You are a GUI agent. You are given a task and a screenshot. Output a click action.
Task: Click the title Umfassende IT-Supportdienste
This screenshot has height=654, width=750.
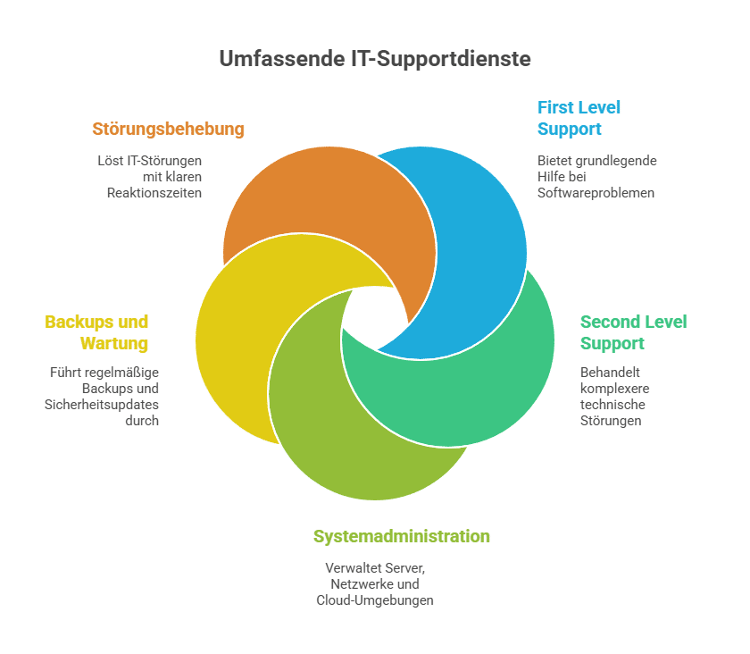[x=375, y=59]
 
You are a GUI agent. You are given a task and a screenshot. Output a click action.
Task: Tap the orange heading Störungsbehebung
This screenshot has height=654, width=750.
[x=168, y=129]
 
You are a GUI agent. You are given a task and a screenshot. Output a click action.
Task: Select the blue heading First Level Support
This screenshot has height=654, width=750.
[x=579, y=118]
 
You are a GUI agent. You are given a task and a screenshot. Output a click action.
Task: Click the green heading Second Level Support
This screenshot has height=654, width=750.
[x=633, y=332]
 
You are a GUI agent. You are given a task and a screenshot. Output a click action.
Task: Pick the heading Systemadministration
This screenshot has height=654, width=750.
[x=401, y=536]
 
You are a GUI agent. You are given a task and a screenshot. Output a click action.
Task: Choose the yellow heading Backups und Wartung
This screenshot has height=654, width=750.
[x=96, y=332]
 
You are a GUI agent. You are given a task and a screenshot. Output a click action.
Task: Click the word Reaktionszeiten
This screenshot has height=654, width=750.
[x=154, y=193]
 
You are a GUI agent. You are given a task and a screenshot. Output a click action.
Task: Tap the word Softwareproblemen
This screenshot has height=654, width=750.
[x=596, y=193]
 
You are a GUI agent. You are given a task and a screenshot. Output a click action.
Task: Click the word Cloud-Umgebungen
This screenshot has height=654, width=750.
[x=375, y=600]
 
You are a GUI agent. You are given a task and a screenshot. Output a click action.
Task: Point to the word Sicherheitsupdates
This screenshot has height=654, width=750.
[x=101, y=404]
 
